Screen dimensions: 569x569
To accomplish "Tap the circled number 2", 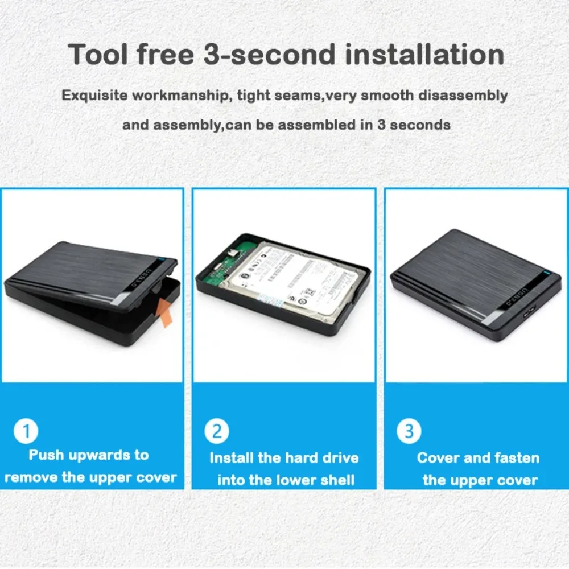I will [217, 432].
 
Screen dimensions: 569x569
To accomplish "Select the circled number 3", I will [409, 432].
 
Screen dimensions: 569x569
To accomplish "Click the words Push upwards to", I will [89, 455].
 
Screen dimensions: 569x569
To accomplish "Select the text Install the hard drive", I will [284, 458].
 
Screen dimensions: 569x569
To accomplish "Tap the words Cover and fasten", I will [478, 458].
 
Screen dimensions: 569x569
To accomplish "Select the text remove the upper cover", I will [90, 477].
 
